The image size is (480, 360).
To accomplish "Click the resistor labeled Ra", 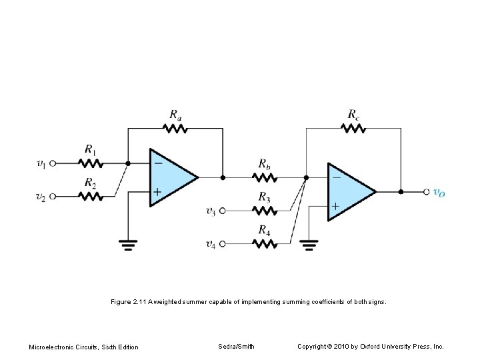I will pyautogui.click(x=175, y=129).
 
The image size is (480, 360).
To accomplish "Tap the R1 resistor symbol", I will pyautogui.click(x=89, y=162).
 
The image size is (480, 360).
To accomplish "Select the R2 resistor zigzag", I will pyautogui.click(x=89, y=196).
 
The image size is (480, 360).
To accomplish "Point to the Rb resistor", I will pyautogui.click(x=265, y=177).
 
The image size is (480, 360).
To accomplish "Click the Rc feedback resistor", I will pyautogui.click(x=353, y=129).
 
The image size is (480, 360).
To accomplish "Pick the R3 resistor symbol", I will pyautogui.click(x=265, y=211).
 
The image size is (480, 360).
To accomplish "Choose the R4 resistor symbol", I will pyautogui.click(x=265, y=244).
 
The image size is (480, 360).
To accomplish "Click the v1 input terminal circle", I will pyautogui.click(x=53, y=162).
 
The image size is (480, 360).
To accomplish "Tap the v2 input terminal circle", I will pyautogui.click(x=53, y=196).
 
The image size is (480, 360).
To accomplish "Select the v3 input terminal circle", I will pyautogui.click(x=223, y=211).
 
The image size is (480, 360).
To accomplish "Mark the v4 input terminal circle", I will pyautogui.click(x=223, y=244).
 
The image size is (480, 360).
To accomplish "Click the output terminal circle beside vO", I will pyautogui.click(x=427, y=191).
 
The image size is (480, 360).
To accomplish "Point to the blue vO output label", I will pyautogui.click(x=439, y=193).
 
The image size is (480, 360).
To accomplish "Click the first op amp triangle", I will pyautogui.click(x=171, y=177).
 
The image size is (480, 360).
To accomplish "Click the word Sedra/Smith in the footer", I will pyautogui.click(x=236, y=347).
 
